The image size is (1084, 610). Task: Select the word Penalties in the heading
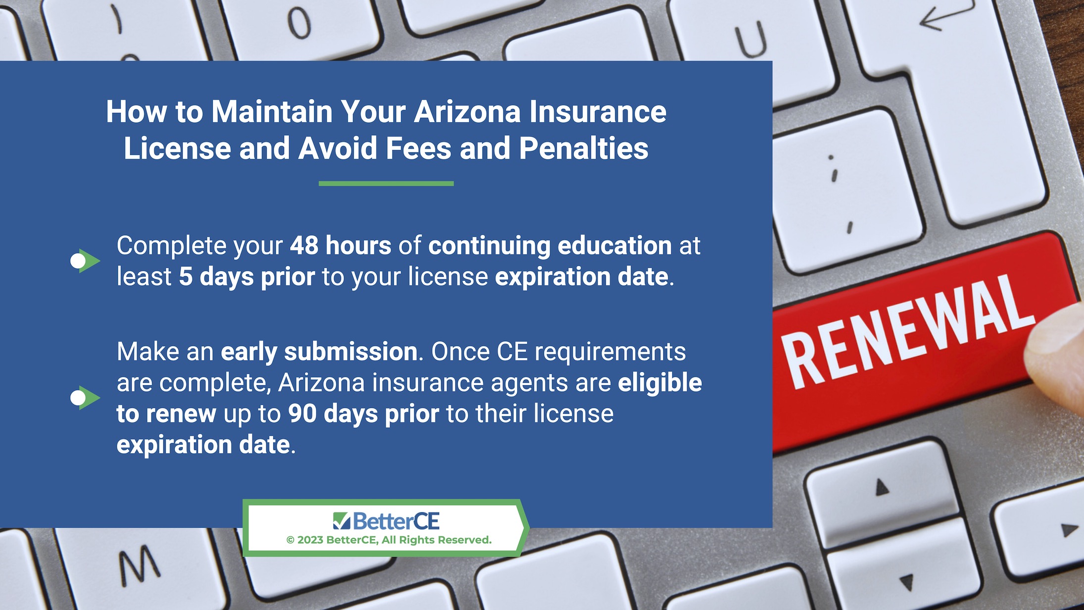pos(584,148)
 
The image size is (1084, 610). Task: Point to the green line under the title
pos(386,184)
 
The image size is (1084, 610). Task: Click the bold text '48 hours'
pos(341,246)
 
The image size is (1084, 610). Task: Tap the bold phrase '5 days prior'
pos(246,277)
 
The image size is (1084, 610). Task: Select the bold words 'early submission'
pos(319,352)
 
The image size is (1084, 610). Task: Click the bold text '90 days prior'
pos(364,413)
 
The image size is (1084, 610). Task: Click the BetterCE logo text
pos(396,521)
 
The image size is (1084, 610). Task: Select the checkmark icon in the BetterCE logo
pos(342,521)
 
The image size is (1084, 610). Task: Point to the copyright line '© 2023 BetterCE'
pos(389,540)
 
